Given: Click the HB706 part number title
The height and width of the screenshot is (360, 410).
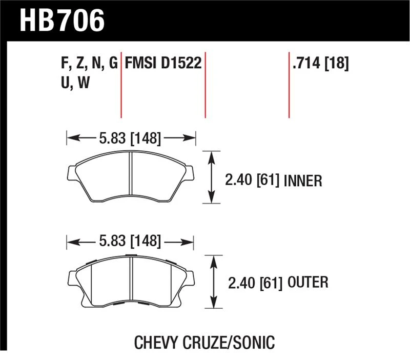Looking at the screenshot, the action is [62, 21].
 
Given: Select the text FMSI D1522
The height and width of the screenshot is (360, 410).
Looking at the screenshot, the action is [163, 63].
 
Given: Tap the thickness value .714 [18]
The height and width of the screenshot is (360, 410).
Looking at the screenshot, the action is [321, 63].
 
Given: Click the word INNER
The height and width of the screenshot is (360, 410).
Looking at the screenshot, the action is [303, 181].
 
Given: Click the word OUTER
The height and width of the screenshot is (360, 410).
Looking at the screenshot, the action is [308, 282].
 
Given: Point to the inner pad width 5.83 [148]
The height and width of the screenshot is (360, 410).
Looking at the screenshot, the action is [130, 138].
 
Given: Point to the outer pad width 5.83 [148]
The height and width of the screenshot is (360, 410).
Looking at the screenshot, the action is [130, 241].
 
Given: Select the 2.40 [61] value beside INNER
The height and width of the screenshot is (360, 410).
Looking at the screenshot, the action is [252, 181].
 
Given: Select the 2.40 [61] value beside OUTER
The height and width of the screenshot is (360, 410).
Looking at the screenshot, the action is [255, 284].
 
